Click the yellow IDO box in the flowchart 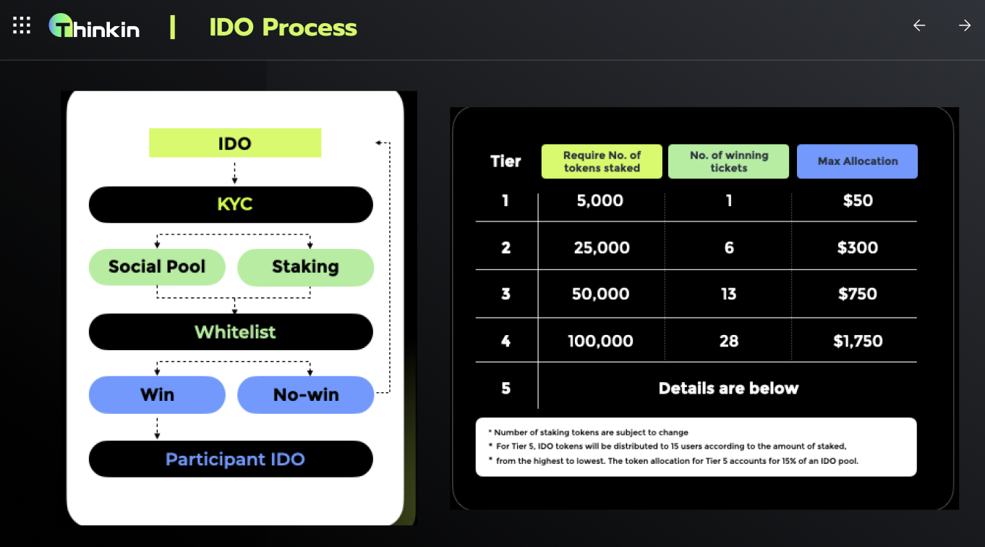coord(235,143)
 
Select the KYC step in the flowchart coord(231,205)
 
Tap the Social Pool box coord(157,267)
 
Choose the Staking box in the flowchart coord(306,267)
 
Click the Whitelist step coord(231,332)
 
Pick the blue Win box coord(157,395)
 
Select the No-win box coord(306,395)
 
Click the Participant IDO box coord(231,459)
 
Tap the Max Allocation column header coord(857,161)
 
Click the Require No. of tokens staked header coord(602,161)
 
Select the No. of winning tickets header coord(729,161)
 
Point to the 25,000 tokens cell coord(602,247)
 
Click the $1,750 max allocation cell coord(858,341)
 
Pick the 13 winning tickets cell coord(729,294)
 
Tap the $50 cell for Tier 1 coord(858,200)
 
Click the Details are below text coord(729,388)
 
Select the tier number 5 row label coord(506,388)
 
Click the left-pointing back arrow coord(919,25)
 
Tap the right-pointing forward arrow coord(965,25)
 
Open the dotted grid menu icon coord(22,25)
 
